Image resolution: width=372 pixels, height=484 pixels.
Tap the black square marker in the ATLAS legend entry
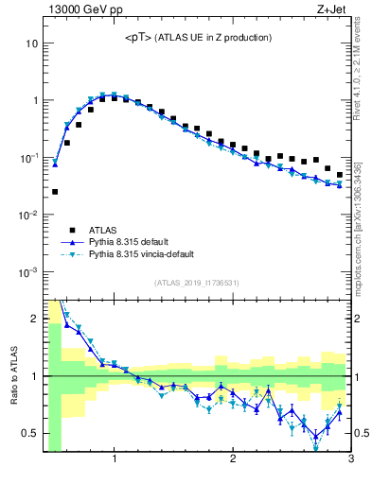pyautogui.click(x=72, y=229)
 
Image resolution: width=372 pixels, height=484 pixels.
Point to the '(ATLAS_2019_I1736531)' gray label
pyautogui.click(x=196, y=283)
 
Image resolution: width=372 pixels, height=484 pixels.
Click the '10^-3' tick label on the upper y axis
pyautogui.click(x=29, y=271)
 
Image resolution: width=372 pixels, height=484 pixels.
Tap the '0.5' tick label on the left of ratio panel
pyautogui.click(x=30, y=433)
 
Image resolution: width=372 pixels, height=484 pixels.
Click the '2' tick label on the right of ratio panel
pyautogui.click(x=358, y=319)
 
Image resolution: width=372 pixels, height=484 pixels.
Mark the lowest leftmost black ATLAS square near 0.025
pyautogui.click(x=55, y=192)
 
